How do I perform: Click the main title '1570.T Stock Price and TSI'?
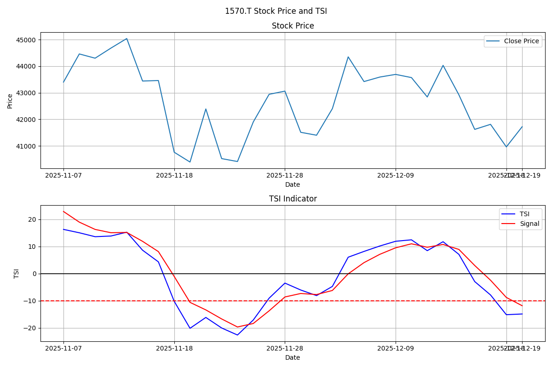point(276,11)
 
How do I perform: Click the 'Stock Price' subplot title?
point(293,26)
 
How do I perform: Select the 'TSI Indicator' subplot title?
point(293,199)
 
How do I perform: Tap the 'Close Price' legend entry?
point(521,41)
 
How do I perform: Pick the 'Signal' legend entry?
point(529,224)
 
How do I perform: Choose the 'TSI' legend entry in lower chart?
point(524,214)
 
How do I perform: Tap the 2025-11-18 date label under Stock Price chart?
point(174,175)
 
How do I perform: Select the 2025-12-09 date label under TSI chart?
point(396,348)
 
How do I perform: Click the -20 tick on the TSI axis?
point(30,328)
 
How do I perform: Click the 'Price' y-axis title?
point(10,101)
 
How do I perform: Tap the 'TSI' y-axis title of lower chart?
point(17,274)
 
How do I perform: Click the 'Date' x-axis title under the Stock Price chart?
point(293,185)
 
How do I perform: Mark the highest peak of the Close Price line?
point(126,39)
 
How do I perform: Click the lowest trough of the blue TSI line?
point(237,335)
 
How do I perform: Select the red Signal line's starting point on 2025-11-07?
point(63,212)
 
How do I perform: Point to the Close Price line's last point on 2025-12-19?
point(522,126)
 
